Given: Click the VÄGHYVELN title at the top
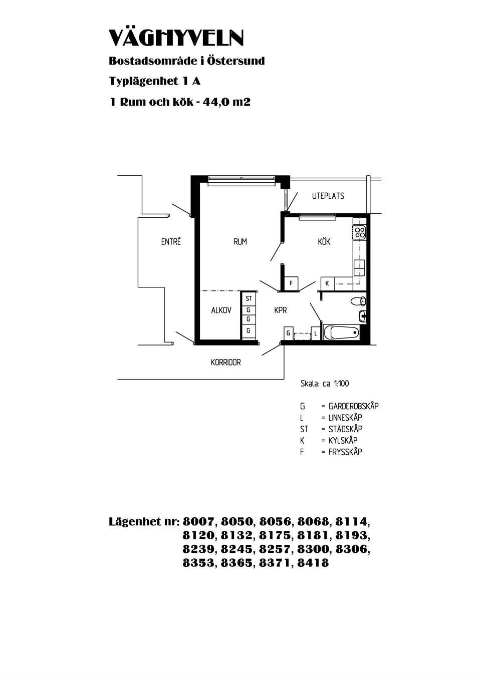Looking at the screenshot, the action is [176, 38].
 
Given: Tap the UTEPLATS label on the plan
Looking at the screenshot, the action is [328, 196].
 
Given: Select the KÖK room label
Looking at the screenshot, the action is [324, 241].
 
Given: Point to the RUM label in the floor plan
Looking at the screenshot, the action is [240, 242].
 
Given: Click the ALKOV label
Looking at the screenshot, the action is [221, 310].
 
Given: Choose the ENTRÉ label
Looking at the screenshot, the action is [171, 241].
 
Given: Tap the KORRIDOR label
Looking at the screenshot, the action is [225, 362].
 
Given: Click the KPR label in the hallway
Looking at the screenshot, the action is [280, 310].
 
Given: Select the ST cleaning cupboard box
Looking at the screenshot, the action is [249, 298].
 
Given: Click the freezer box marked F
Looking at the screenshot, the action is [291, 283].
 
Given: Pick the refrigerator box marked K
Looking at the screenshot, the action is [327, 283].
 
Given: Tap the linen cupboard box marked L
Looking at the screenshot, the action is [316, 333].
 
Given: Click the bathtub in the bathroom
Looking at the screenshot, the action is [341, 332].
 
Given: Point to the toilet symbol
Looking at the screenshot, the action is [358, 301].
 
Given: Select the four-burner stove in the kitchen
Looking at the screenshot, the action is [360, 232].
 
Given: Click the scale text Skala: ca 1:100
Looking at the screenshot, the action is [324, 384].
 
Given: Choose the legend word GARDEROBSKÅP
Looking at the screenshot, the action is [353, 406].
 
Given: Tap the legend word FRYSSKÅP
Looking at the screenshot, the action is [345, 452].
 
